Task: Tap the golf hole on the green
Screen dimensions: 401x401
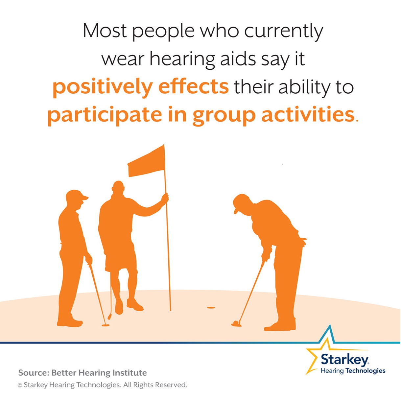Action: coord(211,308)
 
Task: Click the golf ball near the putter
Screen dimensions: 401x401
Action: coord(235,323)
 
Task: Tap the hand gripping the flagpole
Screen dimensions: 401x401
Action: coord(165,198)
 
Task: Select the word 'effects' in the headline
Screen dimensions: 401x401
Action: coord(193,86)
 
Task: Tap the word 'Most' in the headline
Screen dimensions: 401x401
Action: coord(105,31)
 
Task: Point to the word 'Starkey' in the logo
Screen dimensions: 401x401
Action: coord(344,360)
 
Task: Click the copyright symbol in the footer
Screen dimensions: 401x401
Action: coord(20,385)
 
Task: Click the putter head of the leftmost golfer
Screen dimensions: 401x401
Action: coord(105,325)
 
